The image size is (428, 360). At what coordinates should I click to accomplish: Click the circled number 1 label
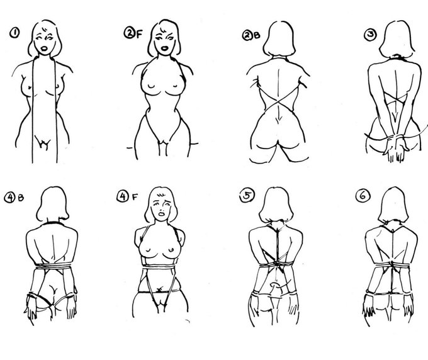pyautogui.click(x=14, y=33)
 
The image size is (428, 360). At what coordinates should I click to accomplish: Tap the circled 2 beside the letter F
pyautogui.click(x=130, y=33)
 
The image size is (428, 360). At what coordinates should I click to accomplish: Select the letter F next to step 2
pyautogui.click(x=139, y=34)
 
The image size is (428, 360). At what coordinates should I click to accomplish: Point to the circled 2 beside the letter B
pyautogui.click(x=248, y=35)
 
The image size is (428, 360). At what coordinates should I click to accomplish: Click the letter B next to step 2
pyautogui.click(x=257, y=35)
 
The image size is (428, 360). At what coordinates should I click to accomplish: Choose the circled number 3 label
pyautogui.click(x=371, y=35)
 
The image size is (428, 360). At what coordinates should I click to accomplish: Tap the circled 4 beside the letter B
pyautogui.click(x=10, y=198)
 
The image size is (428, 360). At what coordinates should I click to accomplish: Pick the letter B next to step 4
pyautogui.click(x=21, y=198)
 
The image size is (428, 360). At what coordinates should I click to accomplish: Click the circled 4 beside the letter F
pyautogui.click(x=123, y=196)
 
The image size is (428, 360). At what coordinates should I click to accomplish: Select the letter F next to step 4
pyautogui.click(x=135, y=197)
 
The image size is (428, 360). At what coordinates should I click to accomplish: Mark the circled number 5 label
pyautogui.click(x=247, y=196)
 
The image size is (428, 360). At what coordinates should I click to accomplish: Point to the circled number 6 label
pyautogui.click(x=363, y=196)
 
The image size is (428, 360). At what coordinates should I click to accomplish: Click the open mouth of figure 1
pyautogui.click(x=44, y=49)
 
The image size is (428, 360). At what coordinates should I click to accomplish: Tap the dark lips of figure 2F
pyautogui.click(x=164, y=48)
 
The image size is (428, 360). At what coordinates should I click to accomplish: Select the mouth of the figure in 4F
pyautogui.click(x=162, y=213)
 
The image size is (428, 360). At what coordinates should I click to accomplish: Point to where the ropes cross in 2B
pyautogui.click(x=278, y=101)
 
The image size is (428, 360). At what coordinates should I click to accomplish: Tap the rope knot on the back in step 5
pyautogui.click(x=278, y=263)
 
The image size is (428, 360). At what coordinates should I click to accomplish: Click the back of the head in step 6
pyautogui.click(x=393, y=205)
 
